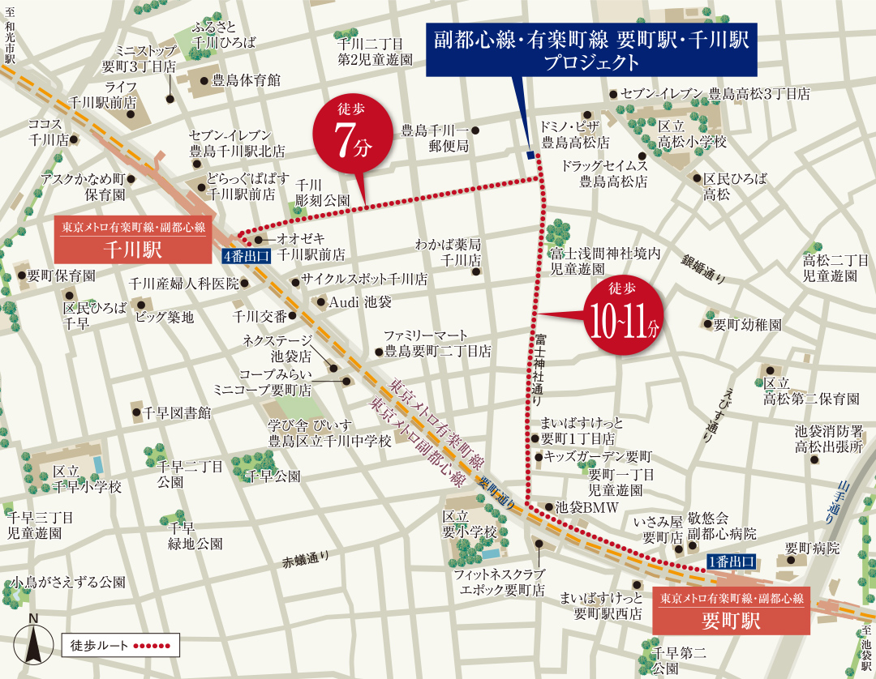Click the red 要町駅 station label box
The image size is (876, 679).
pos(731,611)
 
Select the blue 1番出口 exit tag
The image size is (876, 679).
pos(732,561)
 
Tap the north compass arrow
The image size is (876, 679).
pos(33,640)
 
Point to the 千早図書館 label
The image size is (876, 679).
pos(176,412)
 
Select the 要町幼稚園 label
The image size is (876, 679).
pos(747,325)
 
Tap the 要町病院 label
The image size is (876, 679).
pos(811,549)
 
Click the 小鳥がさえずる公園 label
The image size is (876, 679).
pos(68,582)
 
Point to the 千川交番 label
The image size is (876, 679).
pos(259,316)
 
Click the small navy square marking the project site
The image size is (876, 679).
pos(530,156)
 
